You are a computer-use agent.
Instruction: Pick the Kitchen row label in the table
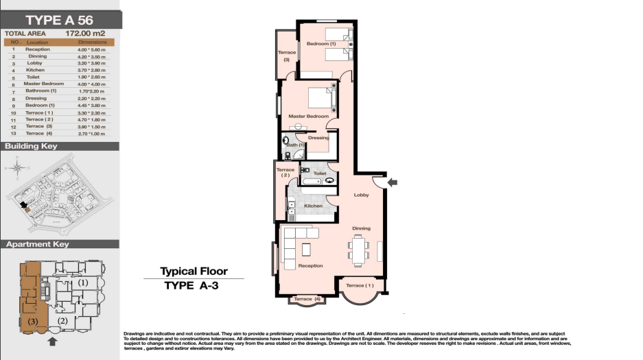(x=35, y=71)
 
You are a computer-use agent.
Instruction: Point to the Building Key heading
(x=31, y=147)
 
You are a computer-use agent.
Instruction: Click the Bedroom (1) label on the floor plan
(x=321, y=45)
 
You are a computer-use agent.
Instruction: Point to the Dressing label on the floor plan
(x=318, y=138)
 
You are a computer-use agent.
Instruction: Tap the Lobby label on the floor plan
(x=361, y=195)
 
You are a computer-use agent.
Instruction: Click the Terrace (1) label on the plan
(x=360, y=285)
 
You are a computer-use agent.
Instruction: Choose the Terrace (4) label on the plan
(x=307, y=299)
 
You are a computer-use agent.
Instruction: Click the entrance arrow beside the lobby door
(x=392, y=182)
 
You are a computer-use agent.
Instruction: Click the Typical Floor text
(x=194, y=272)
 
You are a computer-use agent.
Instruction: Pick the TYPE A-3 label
(x=191, y=287)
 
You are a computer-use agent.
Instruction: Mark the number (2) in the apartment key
(x=62, y=321)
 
